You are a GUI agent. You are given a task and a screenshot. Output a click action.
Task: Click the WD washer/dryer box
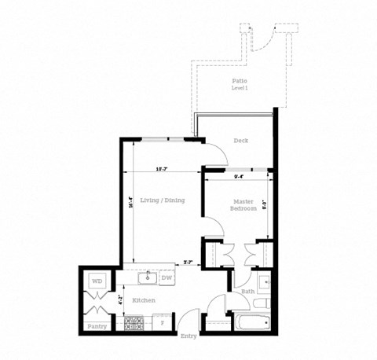97,281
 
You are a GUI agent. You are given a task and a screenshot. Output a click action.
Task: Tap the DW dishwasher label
167,277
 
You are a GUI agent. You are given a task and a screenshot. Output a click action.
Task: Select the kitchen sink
147,277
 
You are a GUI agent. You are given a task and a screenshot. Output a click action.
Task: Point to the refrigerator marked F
163,322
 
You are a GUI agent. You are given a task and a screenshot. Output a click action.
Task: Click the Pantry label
97,325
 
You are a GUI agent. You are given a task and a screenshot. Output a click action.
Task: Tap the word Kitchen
143,301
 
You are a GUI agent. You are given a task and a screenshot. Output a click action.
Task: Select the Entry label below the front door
188,336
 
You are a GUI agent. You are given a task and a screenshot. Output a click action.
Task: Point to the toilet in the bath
265,301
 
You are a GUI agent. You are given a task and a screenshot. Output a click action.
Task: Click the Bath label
247,292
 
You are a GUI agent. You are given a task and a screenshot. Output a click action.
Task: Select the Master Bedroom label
243,206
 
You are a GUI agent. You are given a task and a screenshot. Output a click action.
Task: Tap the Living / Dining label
163,200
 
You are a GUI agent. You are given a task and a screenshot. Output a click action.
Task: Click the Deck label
241,141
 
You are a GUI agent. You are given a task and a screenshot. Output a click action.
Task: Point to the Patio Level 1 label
240,84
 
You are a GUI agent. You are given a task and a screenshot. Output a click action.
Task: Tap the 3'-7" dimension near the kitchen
188,262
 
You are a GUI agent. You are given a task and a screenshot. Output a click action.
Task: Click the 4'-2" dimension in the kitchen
120,299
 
